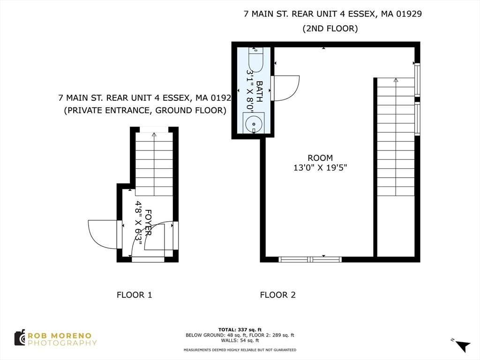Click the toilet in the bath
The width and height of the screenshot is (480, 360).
tap(255, 60)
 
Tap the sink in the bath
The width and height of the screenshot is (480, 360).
tap(254, 123)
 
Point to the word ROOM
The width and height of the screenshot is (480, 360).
tap(320, 158)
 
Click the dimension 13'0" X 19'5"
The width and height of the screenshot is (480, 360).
tap(320, 167)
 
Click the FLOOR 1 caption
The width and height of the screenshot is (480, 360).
tap(134, 295)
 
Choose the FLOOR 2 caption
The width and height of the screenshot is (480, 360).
tap(277, 295)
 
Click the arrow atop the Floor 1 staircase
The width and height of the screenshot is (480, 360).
tap(154, 134)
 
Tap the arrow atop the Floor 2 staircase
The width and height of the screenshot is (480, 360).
tap(396, 80)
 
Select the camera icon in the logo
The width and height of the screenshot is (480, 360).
tap(20, 338)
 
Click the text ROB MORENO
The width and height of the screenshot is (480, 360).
tap(60, 336)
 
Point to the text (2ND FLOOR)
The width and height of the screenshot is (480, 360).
tap(330, 29)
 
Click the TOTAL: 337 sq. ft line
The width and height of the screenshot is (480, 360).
tap(240, 329)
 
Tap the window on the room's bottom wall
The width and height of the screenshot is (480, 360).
tap(310, 259)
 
